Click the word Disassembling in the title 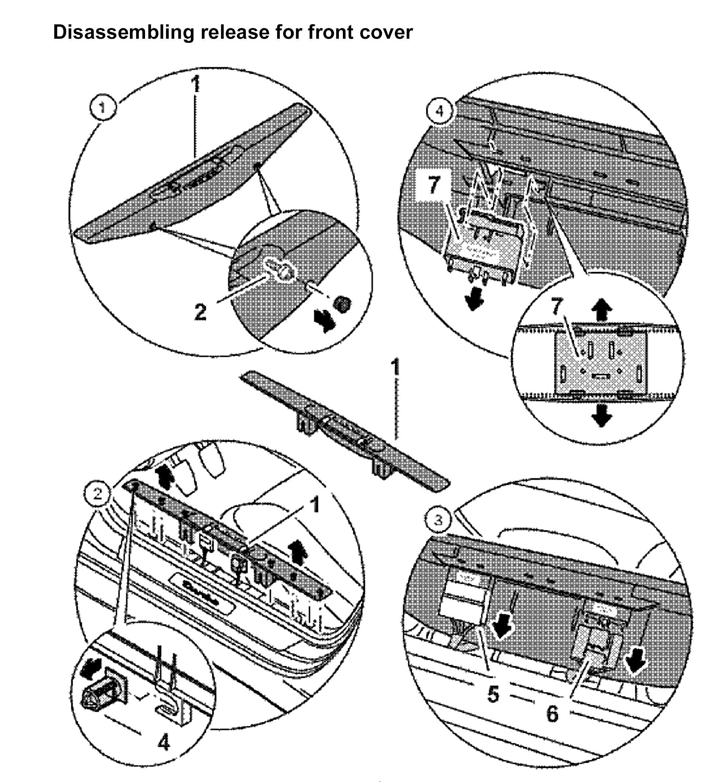(123, 32)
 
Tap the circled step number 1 (102, 107)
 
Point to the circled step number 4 (439, 111)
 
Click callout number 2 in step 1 (200, 311)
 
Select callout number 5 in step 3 (493, 693)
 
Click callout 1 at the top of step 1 (196, 85)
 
